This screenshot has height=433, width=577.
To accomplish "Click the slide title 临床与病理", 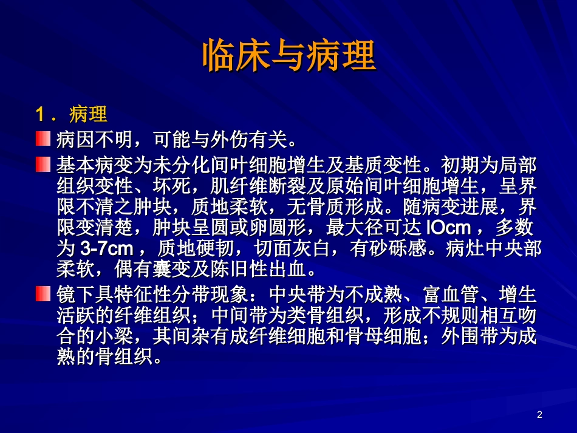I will (288, 56).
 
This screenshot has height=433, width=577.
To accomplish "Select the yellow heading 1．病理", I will (71, 114).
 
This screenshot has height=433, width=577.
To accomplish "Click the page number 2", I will (540, 415).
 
